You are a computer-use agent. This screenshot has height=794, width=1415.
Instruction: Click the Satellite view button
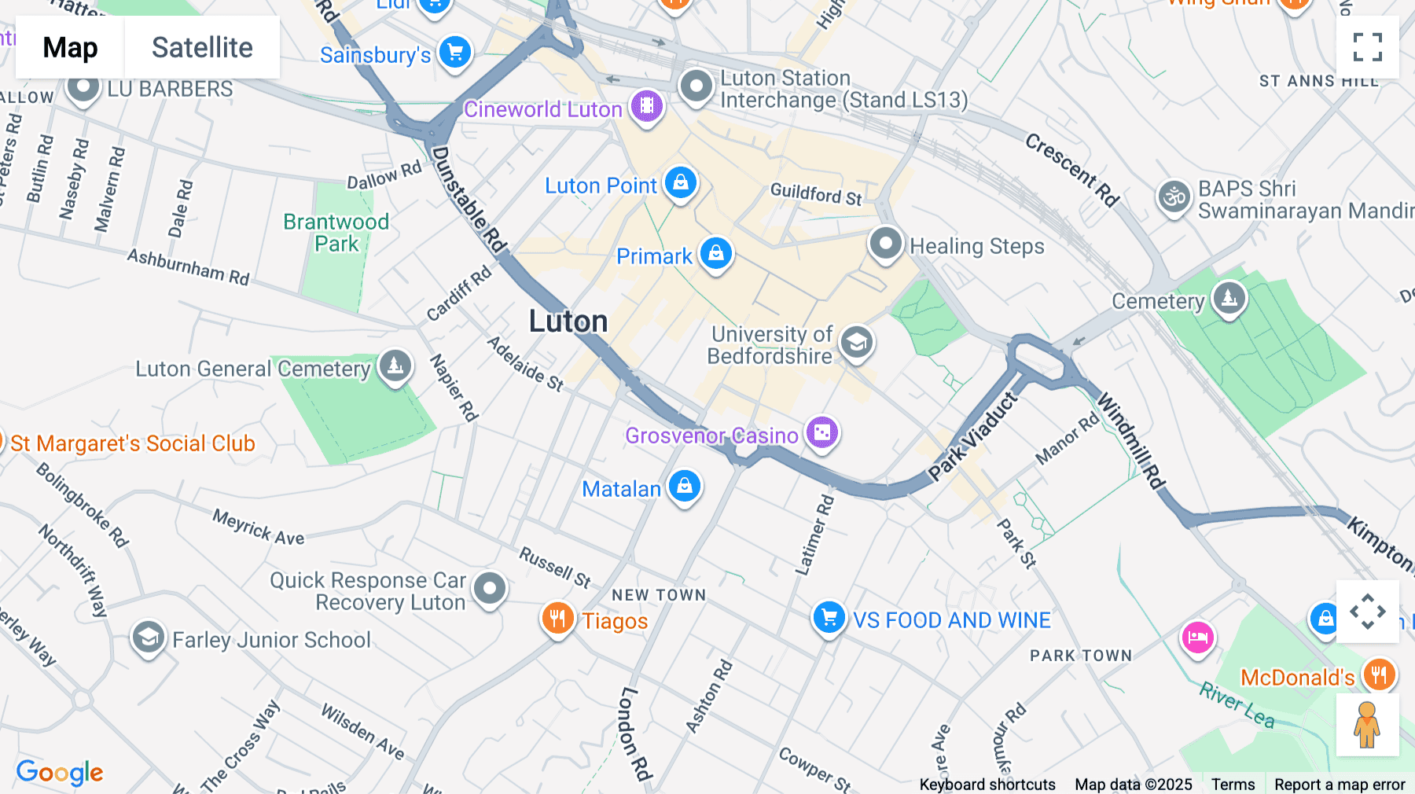pos(202,48)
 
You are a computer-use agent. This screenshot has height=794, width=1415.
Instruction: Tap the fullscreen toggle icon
pos(1367,47)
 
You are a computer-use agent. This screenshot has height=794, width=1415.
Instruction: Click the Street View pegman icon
pos(1367,725)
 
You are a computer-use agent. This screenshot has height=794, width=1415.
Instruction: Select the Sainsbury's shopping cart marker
pos(455,53)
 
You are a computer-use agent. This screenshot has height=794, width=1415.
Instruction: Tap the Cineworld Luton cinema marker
pos(646,105)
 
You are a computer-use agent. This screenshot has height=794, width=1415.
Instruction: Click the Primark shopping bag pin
pos(715,254)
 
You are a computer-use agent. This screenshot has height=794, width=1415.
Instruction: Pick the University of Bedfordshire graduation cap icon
pos(856,343)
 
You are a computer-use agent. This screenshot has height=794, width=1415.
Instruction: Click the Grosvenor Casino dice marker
pos(822,432)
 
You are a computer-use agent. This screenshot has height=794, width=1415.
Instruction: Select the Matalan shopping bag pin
pos(685,487)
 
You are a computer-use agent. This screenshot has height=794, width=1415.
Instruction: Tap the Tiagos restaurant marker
pos(557,619)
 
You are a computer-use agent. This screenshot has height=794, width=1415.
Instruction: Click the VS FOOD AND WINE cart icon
pos(829,617)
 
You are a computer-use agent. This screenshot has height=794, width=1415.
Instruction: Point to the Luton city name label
pos(568,322)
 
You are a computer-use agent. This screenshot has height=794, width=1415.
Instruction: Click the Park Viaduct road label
pos(972,436)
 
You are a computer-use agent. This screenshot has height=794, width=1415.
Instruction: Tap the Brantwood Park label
pos(336,233)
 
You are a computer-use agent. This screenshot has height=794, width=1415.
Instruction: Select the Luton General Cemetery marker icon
pos(395,366)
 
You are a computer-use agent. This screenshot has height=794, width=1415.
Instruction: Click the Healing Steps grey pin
pos(885,244)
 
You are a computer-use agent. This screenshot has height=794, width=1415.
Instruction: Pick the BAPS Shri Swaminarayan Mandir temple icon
pos(1174,197)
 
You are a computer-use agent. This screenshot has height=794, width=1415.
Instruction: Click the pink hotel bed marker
pos(1197,637)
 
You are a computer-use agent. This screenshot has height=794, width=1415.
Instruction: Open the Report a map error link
pos(1340,785)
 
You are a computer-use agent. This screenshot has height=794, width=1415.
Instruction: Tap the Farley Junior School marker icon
pos(148,638)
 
